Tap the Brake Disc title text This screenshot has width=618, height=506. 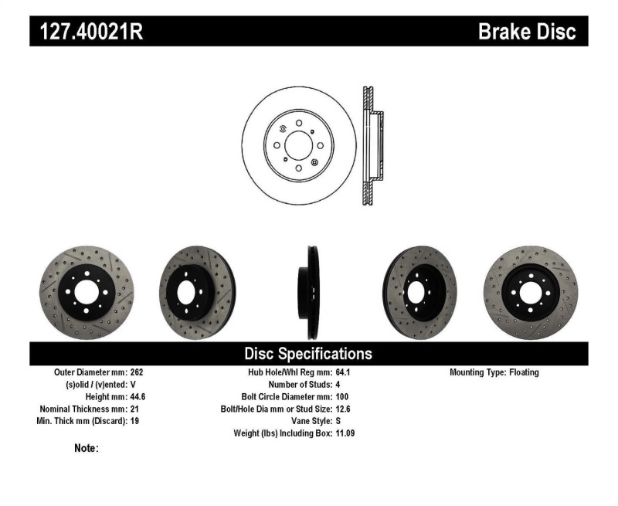[x=527, y=32]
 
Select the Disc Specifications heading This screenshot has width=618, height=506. [x=308, y=354]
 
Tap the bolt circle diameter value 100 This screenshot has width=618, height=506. [x=342, y=396]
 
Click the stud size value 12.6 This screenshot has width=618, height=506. [x=344, y=409]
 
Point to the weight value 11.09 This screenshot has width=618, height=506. [x=346, y=433]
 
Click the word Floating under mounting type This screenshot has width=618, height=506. [x=524, y=372]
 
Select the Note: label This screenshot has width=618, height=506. [x=87, y=448]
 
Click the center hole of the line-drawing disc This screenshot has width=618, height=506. [x=298, y=144]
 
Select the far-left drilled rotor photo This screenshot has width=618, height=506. [x=87, y=293]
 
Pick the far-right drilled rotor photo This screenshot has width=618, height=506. [x=531, y=293]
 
